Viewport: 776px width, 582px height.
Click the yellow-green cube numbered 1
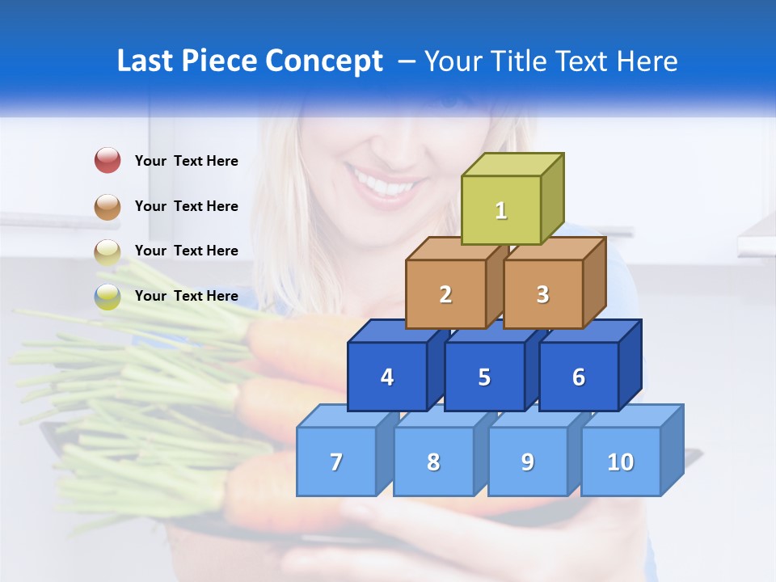tap(501, 210)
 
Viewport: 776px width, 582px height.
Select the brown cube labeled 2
tap(445, 294)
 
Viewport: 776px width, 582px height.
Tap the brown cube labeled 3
tap(542, 294)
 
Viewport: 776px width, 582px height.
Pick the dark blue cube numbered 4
tap(387, 377)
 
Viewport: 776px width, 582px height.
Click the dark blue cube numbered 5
tap(484, 377)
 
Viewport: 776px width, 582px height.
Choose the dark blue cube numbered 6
tap(579, 377)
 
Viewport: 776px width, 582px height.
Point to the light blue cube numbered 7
tap(336, 462)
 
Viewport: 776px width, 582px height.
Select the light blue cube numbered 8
tap(433, 462)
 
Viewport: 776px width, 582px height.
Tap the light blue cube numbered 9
tap(527, 462)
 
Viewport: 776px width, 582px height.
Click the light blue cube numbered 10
tap(620, 462)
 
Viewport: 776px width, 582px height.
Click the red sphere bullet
tap(108, 161)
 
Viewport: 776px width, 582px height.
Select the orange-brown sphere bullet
tap(108, 206)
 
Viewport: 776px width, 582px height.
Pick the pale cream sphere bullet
tap(108, 251)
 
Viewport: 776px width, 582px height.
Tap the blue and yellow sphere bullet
tap(108, 297)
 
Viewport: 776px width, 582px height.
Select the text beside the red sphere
tap(187, 161)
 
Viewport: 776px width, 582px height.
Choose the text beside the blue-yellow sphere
tap(187, 296)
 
